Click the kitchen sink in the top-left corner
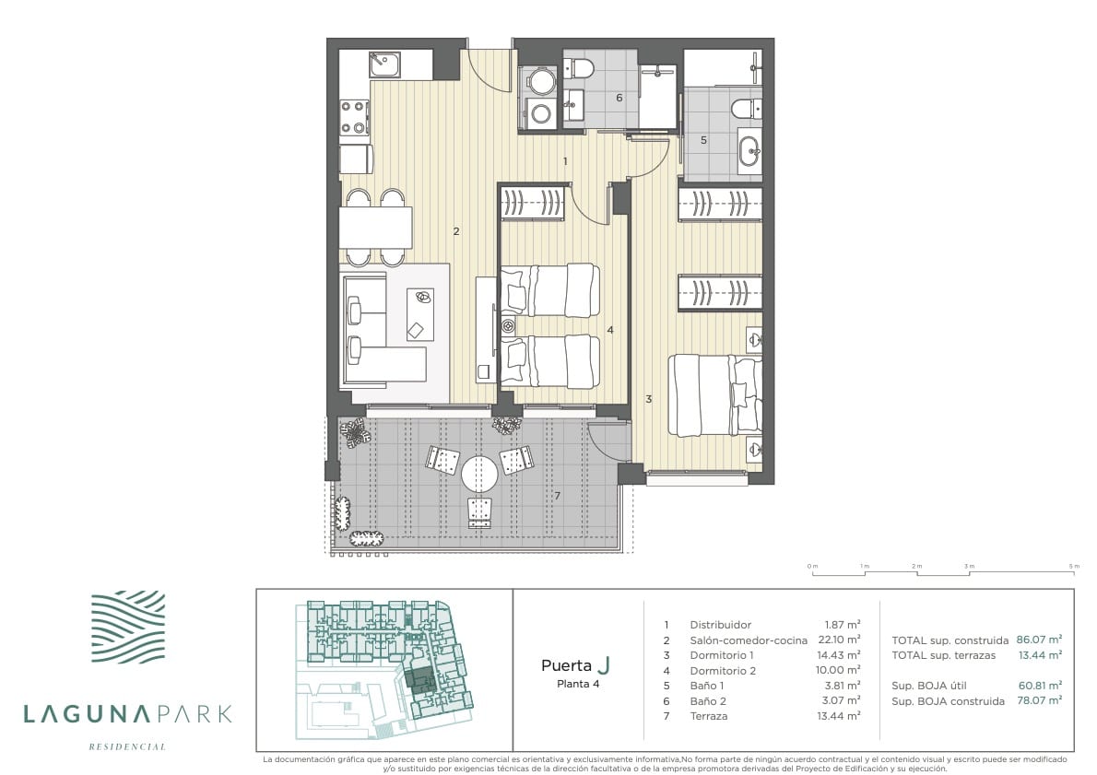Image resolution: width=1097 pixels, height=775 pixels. pyautogui.click(x=384, y=65)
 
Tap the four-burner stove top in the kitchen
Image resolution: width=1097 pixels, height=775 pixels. pyautogui.click(x=354, y=118)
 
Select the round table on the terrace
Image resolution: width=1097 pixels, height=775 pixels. pyautogui.click(x=479, y=475)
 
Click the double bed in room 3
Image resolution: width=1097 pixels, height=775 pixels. pyautogui.click(x=715, y=394)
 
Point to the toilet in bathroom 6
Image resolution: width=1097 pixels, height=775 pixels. pyautogui.click(x=579, y=68)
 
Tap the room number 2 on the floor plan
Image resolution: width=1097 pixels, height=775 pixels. pyautogui.click(x=456, y=231)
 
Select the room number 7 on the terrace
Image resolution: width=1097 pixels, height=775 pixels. pyautogui.click(x=558, y=496)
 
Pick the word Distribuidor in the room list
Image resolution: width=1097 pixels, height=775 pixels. pyautogui.click(x=721, y=625)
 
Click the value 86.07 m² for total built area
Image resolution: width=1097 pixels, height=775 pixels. pyautogui.click(x=1040, y=639)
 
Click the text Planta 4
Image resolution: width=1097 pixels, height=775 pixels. pyautogui.click(x=578, y=684)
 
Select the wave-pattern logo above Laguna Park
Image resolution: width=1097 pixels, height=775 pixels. pyautogui.click(x=128, y=627)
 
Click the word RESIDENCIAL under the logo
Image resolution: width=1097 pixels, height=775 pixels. pyautogui.click(x=127, y=746)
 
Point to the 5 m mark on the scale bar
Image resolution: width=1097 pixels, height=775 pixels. pyautogui.click(x=1074, y=572)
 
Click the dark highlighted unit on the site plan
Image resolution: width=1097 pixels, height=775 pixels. pyautogui.click(x=420, y=680)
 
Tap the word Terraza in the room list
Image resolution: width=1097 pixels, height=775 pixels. pyautogui.click(x=709, y=715)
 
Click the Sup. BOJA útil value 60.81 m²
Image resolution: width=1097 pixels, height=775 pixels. pyautogui.click(x=1041, y=685)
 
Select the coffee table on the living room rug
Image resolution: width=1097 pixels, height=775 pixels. pyautogui.click(x=420, y=315)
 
